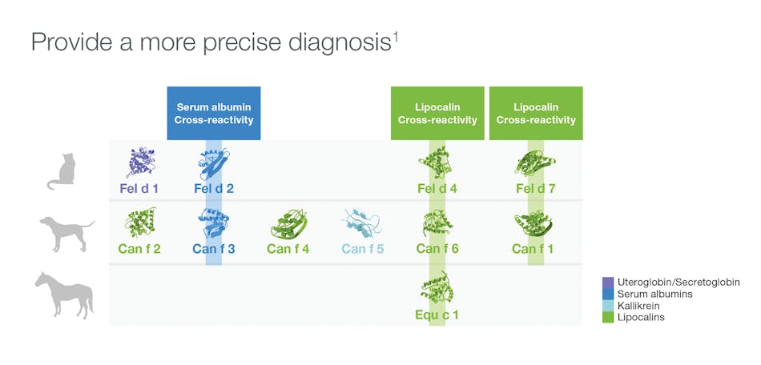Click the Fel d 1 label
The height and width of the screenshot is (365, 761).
(140, 189)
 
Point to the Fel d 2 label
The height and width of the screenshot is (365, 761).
(214, 189)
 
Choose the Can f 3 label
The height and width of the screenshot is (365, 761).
(213, 249)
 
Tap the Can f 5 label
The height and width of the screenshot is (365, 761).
(363, 249)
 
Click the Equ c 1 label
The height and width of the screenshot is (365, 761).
(437, 315)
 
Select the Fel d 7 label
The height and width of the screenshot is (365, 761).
(535, 189)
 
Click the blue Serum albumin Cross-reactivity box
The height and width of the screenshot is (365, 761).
(213, 113)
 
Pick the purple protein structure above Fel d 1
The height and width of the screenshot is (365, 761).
(141, 162)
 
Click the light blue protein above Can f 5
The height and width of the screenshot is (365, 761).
(363, 224)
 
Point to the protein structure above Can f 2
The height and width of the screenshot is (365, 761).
(140, 223)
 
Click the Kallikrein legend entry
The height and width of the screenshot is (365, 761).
(640, 306)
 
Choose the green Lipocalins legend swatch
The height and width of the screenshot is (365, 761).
(608, 318)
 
